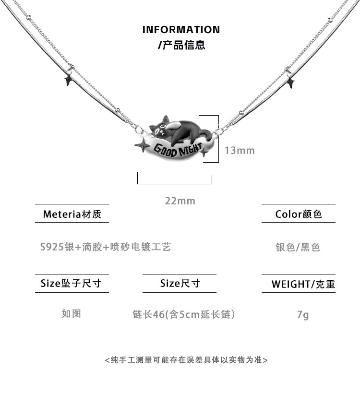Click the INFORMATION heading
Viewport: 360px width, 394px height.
181,29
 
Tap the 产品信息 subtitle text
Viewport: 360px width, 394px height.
181,45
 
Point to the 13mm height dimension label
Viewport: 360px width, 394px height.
240,151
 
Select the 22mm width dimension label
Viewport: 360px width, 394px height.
180,201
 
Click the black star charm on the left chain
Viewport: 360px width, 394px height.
68,80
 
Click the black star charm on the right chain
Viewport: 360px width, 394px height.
291,82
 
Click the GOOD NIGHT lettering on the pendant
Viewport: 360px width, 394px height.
178,150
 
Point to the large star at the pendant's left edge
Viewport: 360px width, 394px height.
142,145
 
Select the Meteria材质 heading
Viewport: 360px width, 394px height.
72,214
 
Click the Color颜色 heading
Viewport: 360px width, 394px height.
299,214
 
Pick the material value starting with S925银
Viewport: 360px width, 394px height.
106,247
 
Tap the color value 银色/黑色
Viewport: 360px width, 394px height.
298,247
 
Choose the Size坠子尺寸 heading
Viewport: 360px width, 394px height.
71,283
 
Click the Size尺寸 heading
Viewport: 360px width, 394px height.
180,283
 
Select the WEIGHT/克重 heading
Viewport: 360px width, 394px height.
303,284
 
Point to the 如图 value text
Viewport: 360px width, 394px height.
72,313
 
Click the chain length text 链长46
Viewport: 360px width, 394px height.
149,314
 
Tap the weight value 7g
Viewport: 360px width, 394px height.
303,315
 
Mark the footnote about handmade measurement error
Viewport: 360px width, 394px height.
186,360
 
